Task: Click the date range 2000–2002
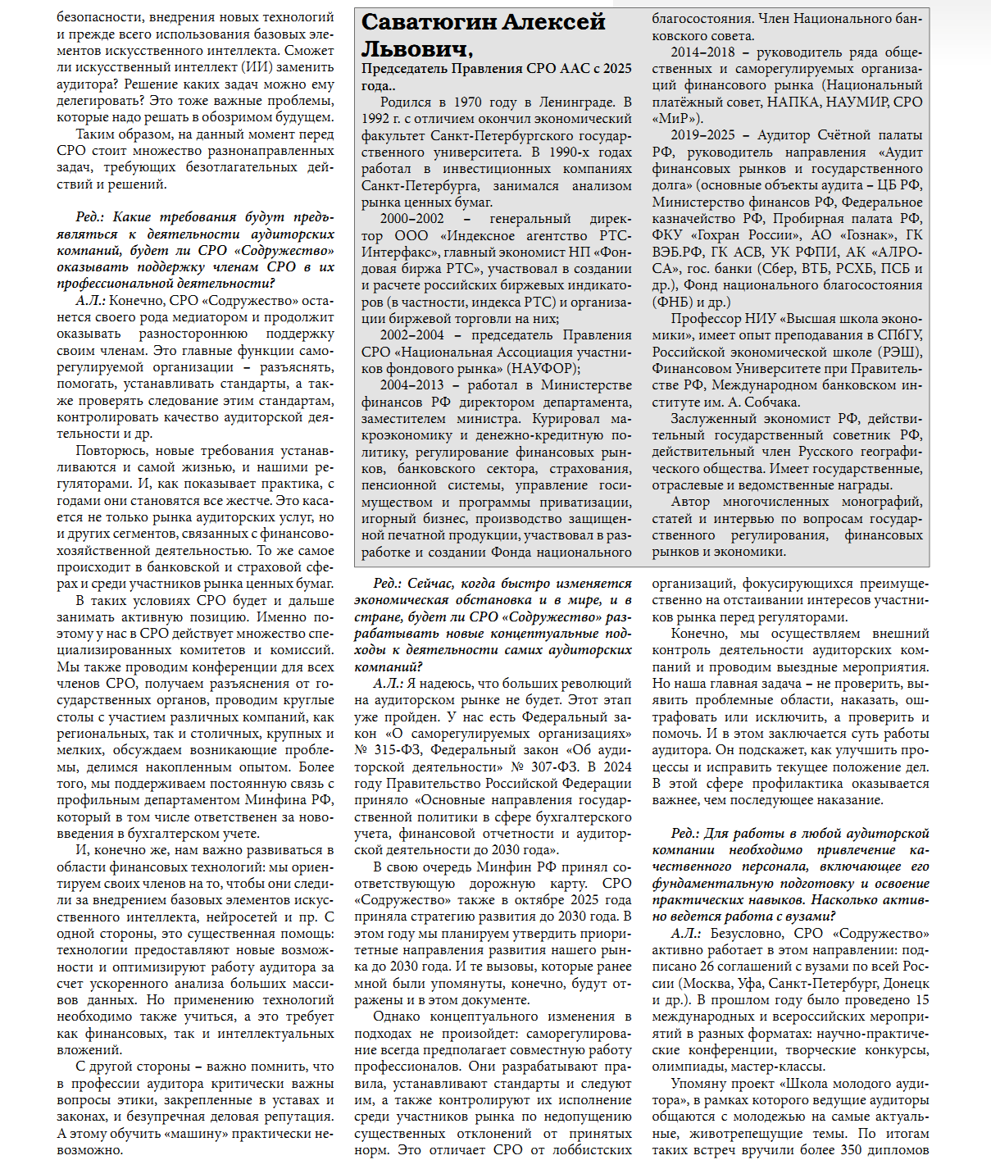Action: coord(412,219)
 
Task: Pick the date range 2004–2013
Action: coord(412,385)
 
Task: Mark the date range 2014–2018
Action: coord(702,52)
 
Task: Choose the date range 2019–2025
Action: coord(702,135)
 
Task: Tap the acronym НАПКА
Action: coord(793,102)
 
